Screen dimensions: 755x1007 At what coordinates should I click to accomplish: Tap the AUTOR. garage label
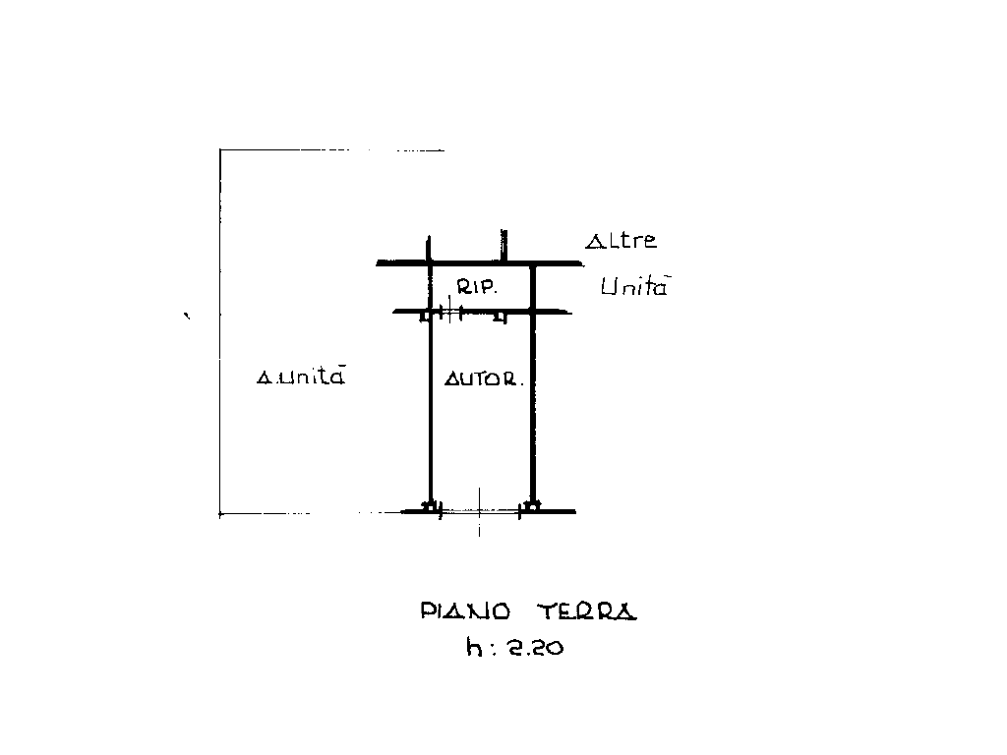tap(483, 379)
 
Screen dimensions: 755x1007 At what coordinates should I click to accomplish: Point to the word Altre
tap(621, 241)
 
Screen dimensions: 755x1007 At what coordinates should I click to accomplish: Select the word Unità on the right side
tap(634, 287)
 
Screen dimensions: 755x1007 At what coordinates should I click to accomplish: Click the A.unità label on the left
tap(300, 377)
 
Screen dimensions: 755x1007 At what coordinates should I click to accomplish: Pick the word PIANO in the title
tap(465, 611)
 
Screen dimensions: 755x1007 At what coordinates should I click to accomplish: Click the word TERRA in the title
tap(587, 611)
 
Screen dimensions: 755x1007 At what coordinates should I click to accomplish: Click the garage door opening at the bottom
tap(480, 510)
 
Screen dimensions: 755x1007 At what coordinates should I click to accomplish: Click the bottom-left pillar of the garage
tap(429, 507)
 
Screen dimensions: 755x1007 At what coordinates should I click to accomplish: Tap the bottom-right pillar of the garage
tap(532, 507)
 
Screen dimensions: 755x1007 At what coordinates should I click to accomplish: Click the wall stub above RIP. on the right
tap(503, 246)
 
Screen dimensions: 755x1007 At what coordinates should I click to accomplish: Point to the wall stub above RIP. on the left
tap(429, 249)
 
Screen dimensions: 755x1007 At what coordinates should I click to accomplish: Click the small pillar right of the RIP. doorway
tap(500, 318)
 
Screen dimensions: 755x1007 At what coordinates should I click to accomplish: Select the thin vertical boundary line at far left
tap(219, 334)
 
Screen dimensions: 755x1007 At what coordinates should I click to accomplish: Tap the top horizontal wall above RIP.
tap(480, 263)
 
